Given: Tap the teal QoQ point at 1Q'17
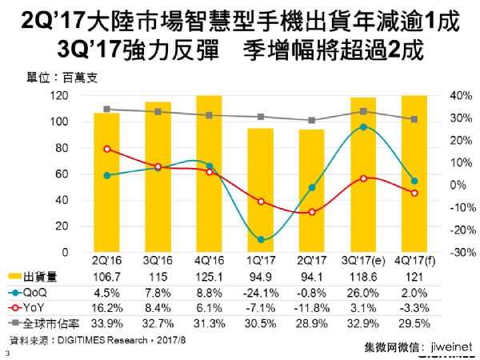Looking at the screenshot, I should (262, 239).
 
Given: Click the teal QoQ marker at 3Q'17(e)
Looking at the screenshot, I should (364, 126).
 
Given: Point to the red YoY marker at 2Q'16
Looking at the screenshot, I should (106, 149).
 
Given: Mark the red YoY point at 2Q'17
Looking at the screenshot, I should (313, 212).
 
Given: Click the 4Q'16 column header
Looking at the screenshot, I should (210, 262).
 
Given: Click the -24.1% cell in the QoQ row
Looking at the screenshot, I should (262, 290).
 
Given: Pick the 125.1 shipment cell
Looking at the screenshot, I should (210, 276).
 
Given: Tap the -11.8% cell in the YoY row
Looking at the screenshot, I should (313, 305).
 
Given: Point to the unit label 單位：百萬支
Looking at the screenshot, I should (51, 78).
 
